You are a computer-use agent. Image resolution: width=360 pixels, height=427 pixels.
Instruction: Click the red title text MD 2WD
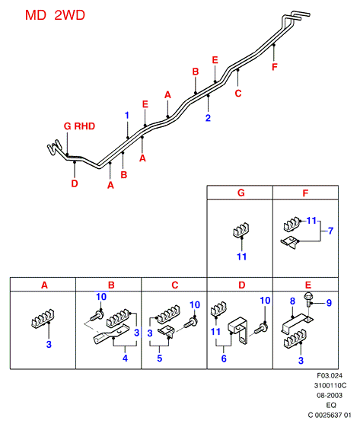click(55, 15)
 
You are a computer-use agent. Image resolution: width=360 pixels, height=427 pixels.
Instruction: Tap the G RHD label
click(79, 126)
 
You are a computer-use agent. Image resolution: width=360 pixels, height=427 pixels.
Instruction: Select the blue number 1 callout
click(127, 116)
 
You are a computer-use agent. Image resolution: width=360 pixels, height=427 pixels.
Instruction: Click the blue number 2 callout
click(208, 118)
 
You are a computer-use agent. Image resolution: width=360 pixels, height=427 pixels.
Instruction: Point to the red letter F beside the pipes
click(275, 67)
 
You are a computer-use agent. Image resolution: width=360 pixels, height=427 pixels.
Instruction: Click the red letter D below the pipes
click(75, 183)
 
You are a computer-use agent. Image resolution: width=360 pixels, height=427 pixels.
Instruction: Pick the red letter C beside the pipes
click(238, 94)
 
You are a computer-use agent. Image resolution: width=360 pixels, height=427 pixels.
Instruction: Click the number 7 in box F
click(330, 231)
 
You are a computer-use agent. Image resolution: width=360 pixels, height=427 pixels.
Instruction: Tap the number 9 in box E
click(329, 303)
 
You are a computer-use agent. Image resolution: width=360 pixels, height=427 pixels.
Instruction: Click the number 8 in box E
click(292, 301)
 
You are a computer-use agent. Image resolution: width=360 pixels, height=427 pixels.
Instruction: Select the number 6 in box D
click(224, 358)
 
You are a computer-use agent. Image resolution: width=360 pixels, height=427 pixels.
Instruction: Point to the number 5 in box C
click(160, 358)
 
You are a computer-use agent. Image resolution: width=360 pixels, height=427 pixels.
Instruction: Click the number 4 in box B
click(125, 358)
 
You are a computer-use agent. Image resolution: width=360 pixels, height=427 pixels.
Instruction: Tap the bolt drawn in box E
click(308, 300)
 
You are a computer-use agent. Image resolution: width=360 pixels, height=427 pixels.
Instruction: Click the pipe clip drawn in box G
click(241, 230)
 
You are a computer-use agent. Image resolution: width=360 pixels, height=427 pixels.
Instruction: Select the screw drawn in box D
click(260, 329)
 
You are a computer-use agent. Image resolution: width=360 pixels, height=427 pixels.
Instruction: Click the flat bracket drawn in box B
click(110, 334)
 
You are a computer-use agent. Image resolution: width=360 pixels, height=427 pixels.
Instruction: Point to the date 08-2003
click(330, 395)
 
